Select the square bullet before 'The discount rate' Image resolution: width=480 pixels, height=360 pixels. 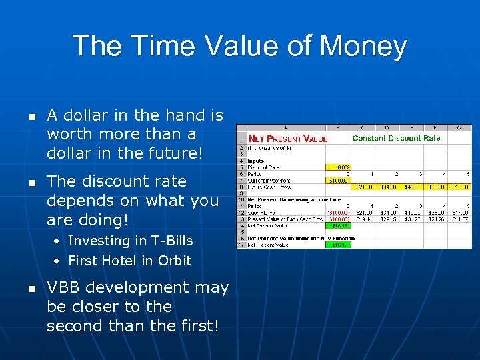31,182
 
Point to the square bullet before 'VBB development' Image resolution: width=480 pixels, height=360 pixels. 31,288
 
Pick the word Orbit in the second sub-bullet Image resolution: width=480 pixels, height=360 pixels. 174,261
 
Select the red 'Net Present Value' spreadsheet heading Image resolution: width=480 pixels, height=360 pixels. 288,139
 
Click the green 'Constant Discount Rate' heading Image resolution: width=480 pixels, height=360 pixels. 396,138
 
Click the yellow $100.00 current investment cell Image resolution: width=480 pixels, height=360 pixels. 340,180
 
